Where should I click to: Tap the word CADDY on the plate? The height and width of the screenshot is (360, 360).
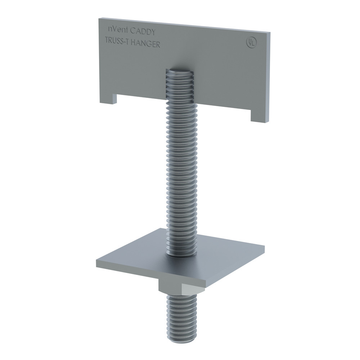click(x=143, y=32)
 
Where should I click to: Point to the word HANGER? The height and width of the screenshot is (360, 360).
click(x=145, y=44)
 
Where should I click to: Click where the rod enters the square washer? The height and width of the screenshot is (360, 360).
click(x=182, y=254)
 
